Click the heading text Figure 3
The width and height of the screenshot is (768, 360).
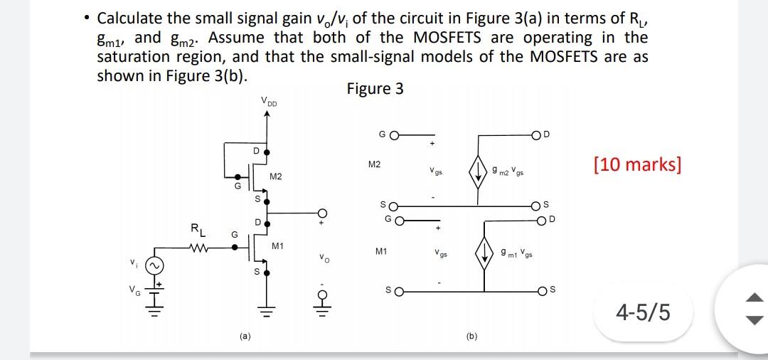click(x=375, y=89)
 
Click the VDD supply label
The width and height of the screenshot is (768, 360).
click(x=270, y=102)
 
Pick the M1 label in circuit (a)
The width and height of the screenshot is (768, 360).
click(x=278, y=246)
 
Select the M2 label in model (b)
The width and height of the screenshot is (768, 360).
click(x=374, y=164)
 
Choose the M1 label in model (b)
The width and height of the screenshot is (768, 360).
click(x=380, y=251)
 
